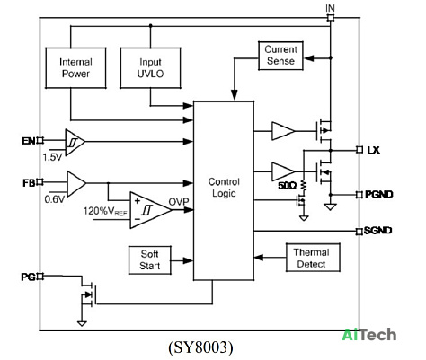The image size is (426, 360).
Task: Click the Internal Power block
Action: coord(75,68)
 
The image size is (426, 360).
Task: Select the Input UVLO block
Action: coord(150,68)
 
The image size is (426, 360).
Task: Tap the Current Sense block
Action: coord(280,56)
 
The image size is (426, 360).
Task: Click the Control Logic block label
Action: coord(224,188)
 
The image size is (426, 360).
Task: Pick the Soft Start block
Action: coord(150,260)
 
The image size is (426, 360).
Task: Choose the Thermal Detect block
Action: coord(313,258)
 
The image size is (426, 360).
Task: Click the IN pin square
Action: coord(330,18)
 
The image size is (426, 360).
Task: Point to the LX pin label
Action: coord(373,150)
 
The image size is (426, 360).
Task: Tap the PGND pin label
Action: coord(379,195)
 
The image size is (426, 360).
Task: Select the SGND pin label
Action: coord(377,231)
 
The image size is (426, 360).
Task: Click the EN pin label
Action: coord(29,141)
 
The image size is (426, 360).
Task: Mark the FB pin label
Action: coord(29,183)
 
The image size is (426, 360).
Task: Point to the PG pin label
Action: coord(28,277)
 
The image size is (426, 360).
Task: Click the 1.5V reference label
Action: coord(52,157)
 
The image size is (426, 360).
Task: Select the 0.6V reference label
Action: coord(55,199)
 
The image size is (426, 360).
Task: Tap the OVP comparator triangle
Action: coord(151,210)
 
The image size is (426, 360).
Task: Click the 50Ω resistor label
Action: coord(287,186)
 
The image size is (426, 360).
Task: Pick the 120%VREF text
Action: coord(105,211)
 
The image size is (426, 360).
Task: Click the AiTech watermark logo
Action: coord(369,335)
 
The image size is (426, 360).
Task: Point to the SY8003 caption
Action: coord(200,347)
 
